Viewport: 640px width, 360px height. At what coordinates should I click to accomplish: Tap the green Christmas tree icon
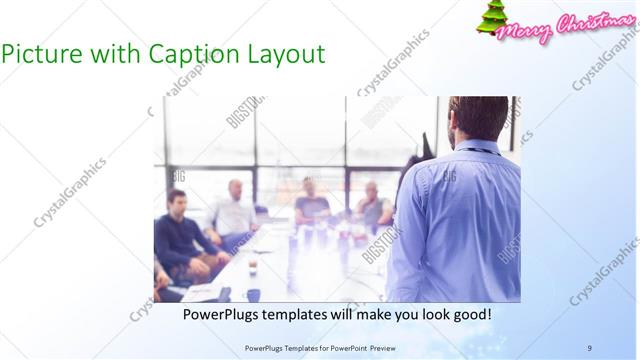tap(491, 20)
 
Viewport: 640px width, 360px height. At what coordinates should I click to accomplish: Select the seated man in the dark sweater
tap(179, 235)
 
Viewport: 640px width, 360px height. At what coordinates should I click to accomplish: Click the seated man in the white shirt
tap(235, 211)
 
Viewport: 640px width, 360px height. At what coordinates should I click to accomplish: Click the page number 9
tap(590, 347)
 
